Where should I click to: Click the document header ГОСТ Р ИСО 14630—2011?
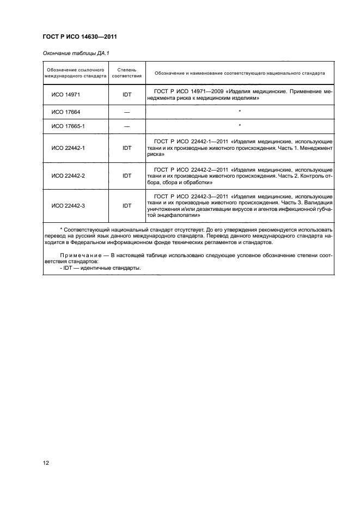[80, 37]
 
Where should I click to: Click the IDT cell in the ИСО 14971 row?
[127, 94]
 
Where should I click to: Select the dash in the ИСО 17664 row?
[127, 112]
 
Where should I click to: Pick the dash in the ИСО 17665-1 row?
[127, 126]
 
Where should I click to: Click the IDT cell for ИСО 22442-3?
[127, 205]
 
